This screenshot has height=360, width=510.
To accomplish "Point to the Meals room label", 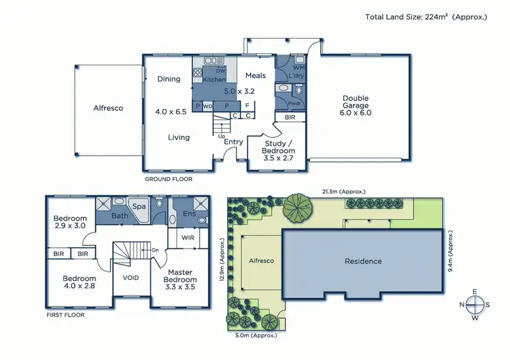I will click(255, 76).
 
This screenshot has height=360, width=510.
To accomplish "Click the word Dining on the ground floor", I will click(169, 79).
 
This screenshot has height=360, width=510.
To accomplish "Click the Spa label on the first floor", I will click(139, 205).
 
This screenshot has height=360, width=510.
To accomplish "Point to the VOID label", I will click(131, 278).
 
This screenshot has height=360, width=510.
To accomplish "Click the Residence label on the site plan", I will click(362, 261).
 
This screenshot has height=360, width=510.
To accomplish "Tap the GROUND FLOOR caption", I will click(169, 179).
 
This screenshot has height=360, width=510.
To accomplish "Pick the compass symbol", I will click(476, 304).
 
